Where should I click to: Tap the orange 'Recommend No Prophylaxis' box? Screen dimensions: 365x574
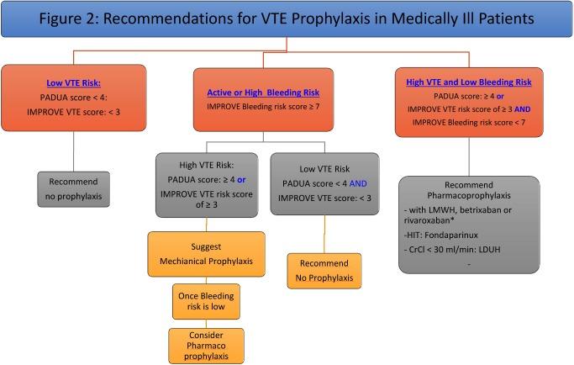click(324, 272)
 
